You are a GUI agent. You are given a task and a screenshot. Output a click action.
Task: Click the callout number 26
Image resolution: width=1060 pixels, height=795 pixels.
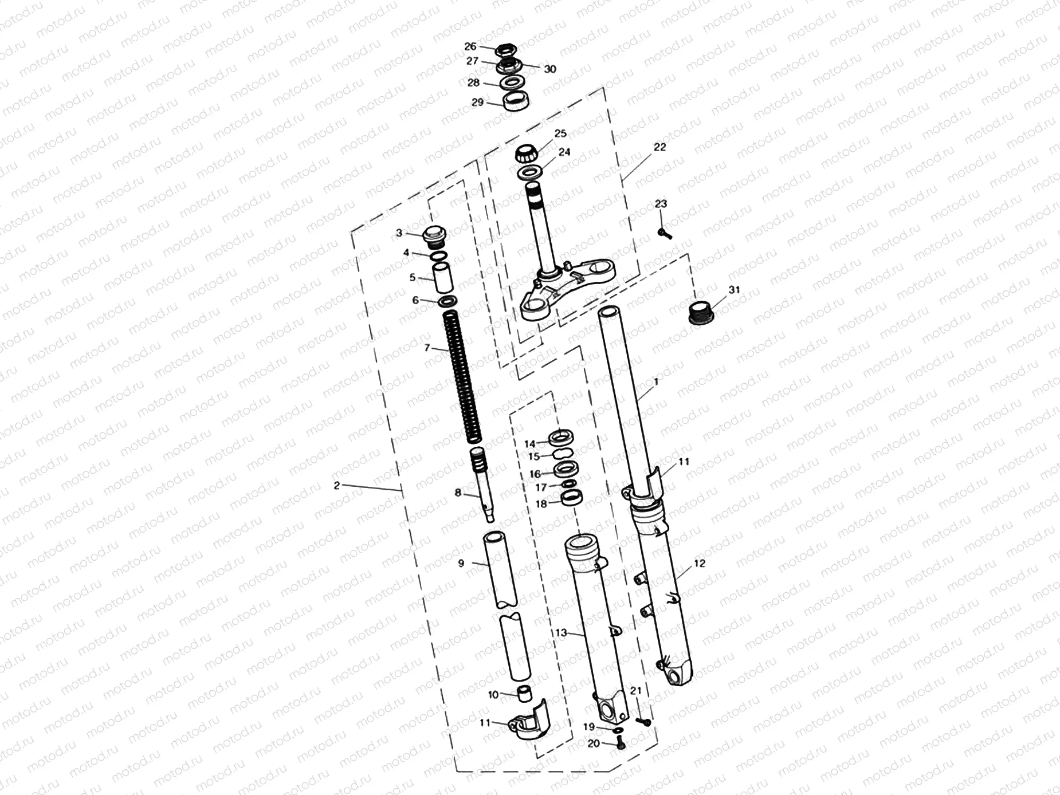(x=470, y=46)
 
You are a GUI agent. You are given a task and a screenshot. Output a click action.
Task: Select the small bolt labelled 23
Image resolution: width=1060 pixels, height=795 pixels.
(x=665, y=234)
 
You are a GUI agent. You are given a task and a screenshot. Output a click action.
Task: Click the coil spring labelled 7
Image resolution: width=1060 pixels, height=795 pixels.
(x=463, y=375)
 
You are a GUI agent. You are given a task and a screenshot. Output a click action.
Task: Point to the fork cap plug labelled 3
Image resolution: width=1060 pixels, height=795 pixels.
(x=433, y=234)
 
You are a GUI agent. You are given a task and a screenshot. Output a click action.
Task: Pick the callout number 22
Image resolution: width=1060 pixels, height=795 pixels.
(x=660, y=147)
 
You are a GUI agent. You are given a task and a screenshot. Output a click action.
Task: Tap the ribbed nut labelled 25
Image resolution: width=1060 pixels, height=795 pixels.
(x=526, y=154)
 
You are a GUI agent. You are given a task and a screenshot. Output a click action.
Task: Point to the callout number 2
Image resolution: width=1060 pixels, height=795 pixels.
(x=336, y=485)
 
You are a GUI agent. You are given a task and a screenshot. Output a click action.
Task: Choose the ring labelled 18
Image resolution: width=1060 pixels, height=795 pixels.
(x=572, y=498)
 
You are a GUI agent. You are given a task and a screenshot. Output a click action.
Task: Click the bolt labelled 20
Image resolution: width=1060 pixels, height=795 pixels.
(x=621, y=744)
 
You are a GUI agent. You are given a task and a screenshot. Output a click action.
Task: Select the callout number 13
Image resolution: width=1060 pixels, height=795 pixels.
(x=560, y=632)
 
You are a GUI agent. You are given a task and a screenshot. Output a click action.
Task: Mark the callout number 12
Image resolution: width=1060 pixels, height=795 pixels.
(x=700, y=563)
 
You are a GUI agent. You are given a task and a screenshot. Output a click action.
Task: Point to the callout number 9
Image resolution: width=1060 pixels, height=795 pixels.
(x=461, y=564)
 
